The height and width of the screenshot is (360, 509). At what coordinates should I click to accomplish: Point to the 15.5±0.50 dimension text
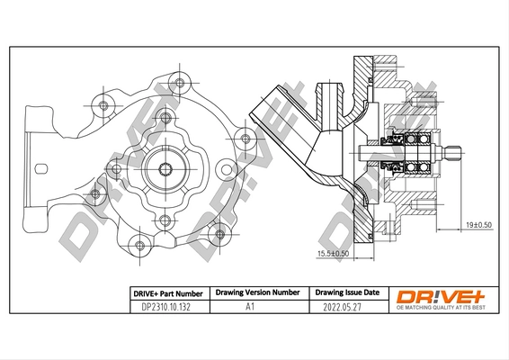pos(332,254)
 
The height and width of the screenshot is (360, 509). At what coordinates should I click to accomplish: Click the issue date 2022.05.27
pos(346,307)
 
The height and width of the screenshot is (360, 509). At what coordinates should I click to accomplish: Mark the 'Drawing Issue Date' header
pos(346,293)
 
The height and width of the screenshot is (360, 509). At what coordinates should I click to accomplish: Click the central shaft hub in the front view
pos(165,168)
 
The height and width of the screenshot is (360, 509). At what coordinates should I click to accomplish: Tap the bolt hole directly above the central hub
pos(165,118)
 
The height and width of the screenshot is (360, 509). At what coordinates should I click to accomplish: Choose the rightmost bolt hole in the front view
pos(242,139)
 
